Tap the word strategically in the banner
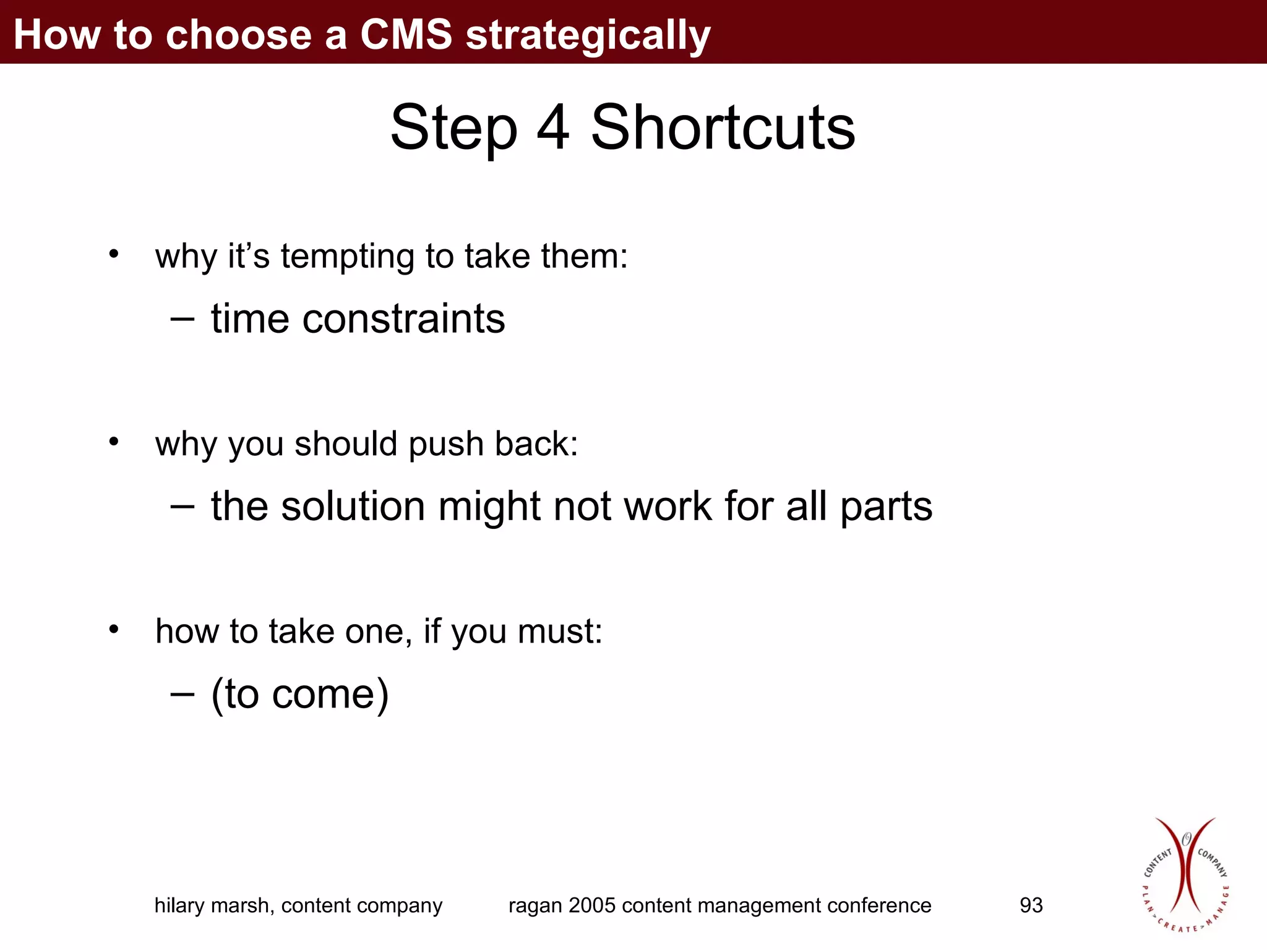click(588, 36)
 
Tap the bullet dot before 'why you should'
click(113, 441)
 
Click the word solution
click(353, 507)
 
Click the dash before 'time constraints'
click(182, 319)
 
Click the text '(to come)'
click(300, 694)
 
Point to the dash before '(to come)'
click(182, 694)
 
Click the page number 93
click(1031, 905)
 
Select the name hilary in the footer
click(179, 905)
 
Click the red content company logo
click(1184, 875)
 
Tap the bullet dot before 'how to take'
click(113, 629)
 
